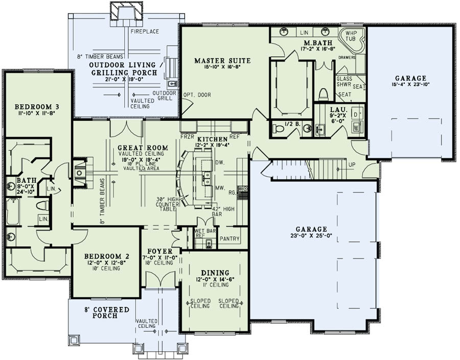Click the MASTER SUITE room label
point(217,61)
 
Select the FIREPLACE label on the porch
point(145,32)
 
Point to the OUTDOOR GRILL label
point(164,96)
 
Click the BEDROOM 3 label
point(30,106)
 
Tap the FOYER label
point(156,251)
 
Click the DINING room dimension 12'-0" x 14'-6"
point(215,280)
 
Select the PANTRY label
point(229,238)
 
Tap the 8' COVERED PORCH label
point(106,313)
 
